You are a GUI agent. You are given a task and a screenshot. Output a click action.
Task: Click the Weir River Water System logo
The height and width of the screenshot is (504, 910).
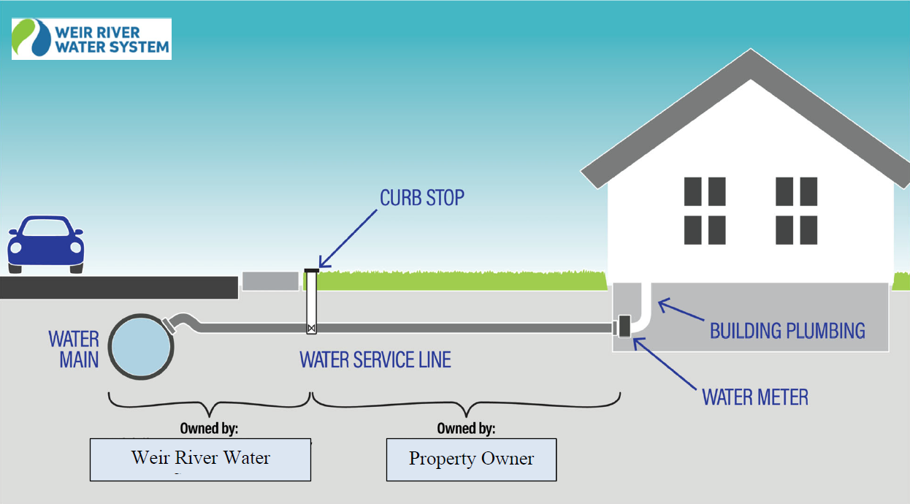coord(91,39)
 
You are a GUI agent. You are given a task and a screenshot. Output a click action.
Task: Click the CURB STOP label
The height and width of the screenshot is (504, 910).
coord(421,198)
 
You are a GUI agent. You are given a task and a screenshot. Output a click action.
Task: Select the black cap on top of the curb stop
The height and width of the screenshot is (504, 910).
coord(312,270)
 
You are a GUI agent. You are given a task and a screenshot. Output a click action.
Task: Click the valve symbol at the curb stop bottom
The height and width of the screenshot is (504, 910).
coord(312,329)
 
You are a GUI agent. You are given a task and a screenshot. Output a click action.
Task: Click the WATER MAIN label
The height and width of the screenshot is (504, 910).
coord(74,349)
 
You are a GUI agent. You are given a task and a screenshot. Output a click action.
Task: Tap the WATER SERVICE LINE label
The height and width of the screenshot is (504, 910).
coord(375,359)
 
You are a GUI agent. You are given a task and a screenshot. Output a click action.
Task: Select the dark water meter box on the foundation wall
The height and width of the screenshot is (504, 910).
coord(624,326)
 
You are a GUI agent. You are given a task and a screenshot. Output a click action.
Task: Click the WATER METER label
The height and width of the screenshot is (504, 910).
coord(755,397)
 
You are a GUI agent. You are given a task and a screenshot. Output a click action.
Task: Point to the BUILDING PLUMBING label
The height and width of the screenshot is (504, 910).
coord(787,331)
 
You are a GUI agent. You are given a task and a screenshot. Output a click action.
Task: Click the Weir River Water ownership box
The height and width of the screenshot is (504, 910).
coord(201,459)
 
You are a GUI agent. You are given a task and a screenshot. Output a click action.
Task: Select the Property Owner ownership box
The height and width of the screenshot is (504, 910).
coord(471,459)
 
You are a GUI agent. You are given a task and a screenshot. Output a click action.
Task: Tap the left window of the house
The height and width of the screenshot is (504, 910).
coord(705,210)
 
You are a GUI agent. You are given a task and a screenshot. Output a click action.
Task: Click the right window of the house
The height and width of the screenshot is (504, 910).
coord(796,210)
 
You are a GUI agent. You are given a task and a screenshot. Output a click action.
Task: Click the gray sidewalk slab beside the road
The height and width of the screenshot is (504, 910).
coord(270,281)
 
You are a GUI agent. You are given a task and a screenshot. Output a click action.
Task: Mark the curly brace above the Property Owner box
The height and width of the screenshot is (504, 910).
coord(466,401)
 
